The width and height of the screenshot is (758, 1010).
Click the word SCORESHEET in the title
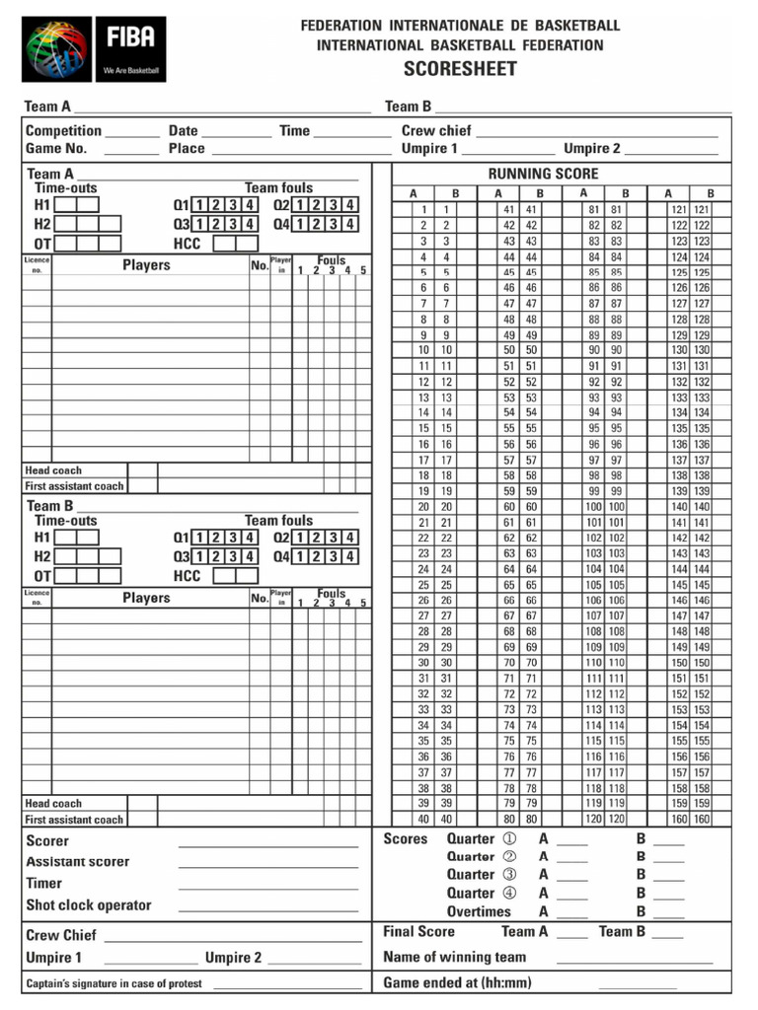click(460, 69)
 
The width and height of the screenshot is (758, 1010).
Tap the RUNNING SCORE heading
click(543, 174)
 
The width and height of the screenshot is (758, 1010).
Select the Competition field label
click(63, 130)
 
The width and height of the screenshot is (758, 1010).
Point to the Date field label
click(183, 130)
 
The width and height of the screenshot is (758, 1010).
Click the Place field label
click(187, 149)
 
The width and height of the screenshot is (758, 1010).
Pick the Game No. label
click(56, 149)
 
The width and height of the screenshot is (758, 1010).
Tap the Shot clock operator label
click(89, 905)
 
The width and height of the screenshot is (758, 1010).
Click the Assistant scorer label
click(77, 862)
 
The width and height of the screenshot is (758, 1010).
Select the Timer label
click(43, 884)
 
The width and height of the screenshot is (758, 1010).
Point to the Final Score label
click(418, 932)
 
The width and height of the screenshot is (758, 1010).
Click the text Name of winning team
click(454, 957)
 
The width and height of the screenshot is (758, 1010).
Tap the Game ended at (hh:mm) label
click(457, 982)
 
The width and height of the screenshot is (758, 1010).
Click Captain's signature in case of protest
click(114, 983)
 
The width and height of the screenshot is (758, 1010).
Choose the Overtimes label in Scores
click(479, 912)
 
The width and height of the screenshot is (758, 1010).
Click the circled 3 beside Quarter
click(509, 875)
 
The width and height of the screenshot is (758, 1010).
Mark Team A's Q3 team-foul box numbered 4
click(251, 224)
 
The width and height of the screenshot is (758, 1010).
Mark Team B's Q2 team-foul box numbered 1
click(301, 538)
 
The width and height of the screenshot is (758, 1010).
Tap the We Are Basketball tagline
click(131, 71)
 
